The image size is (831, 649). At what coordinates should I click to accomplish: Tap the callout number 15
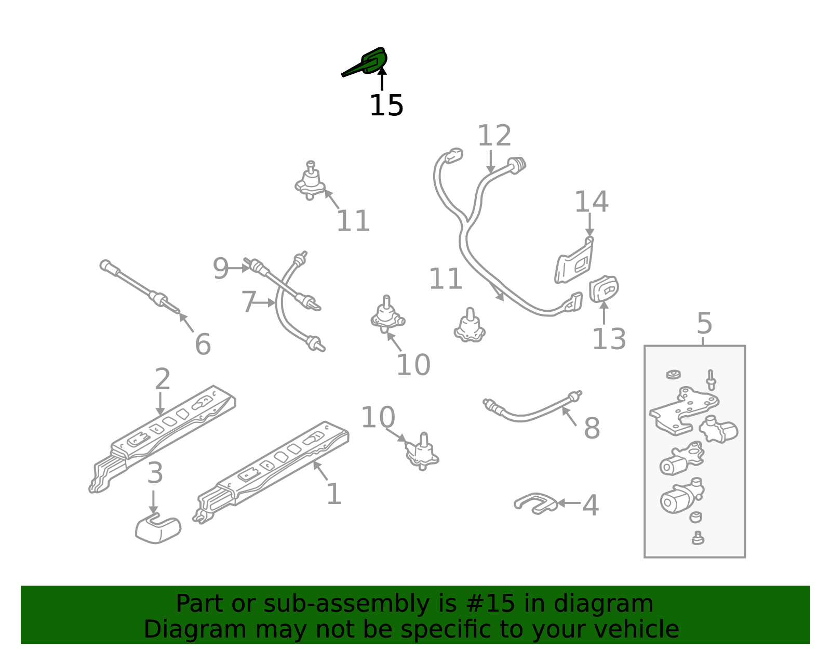click(x=386, y=105)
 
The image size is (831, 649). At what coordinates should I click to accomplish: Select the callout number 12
click(x=494, y=136)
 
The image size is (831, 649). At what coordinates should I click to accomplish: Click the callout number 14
click(x=591, y=202)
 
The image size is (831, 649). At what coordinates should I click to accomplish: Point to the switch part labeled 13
click(x=604, y=289)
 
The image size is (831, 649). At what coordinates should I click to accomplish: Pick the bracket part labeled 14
click(x=574, y=260)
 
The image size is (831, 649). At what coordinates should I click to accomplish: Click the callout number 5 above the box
click(x=704, y=324)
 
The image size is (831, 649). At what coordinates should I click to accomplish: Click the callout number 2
click(x=163, y=379)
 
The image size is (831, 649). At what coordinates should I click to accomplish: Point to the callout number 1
click(x=333, y=494)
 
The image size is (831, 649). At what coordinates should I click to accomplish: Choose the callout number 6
click(x=203, y=344)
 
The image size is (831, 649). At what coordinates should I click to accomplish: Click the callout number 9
click(x=220, y=269)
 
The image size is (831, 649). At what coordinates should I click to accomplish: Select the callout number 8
click(x=592, y=428)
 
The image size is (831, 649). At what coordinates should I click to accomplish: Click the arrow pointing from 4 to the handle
click(x=569, y=504)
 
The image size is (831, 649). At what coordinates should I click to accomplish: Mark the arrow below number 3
click(x=153, y=502)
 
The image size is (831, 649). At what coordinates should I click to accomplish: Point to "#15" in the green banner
click(x=490, y=603)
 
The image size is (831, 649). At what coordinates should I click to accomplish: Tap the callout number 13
click(x=609, y=339)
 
